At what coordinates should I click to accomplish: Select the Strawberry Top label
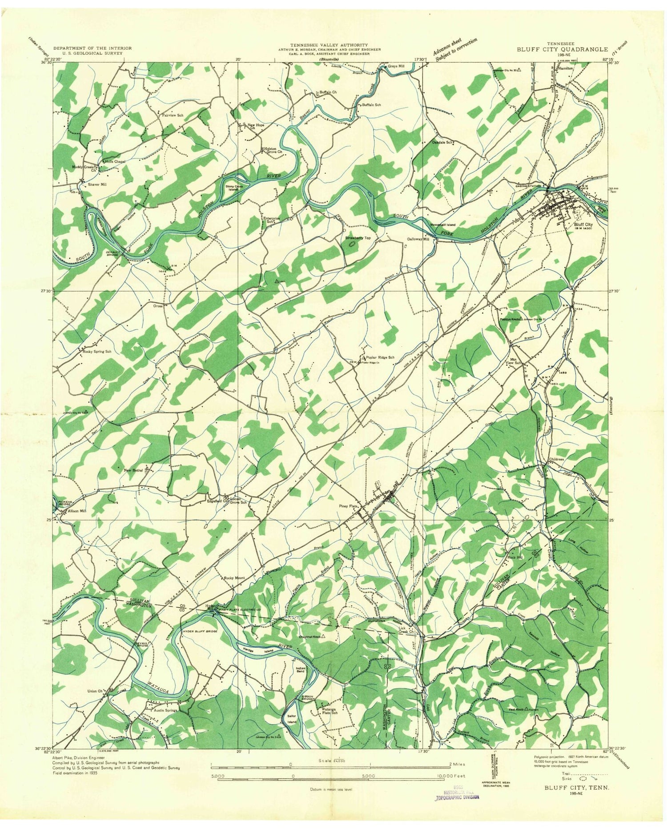pyautogui.click(x=358, y=238)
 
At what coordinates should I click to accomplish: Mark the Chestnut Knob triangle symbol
pyautogui.click(x=323, y=636)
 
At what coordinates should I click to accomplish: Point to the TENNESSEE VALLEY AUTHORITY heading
pyautogui.click(x=329, y=45)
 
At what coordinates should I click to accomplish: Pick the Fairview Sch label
pyautogui.click(x=173, y=115)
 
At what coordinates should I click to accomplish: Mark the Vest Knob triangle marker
pyautogui.click(x=526, y=709)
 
